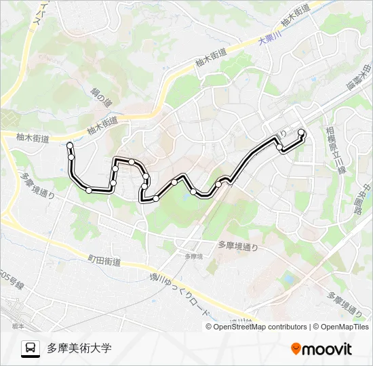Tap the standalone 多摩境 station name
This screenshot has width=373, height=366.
point(193,256)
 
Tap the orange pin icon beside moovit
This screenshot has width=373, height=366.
point(296,349)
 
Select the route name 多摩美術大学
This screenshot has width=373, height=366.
point(79,348)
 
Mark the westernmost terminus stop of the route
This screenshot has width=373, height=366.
point(70,145)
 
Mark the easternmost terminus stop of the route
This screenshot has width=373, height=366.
point(301,132)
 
